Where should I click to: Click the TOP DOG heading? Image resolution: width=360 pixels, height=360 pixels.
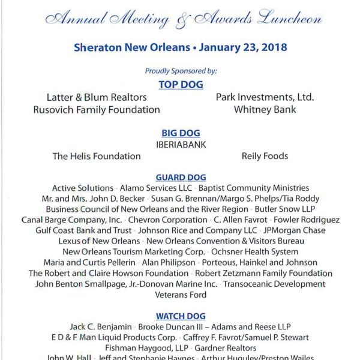181,84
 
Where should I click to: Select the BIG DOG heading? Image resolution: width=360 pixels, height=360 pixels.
181,133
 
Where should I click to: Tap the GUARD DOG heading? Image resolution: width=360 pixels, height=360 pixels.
181,178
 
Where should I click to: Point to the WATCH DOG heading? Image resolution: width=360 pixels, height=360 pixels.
181,316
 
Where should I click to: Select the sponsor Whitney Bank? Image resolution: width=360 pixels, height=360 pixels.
265,110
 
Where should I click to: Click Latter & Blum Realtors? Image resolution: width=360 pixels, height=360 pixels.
97,97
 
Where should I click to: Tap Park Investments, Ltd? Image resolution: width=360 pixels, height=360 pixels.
265,97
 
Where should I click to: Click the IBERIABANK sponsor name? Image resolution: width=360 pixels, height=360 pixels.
181,145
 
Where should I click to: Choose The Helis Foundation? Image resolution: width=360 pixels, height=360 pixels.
97,156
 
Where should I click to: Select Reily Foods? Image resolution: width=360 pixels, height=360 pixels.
265,156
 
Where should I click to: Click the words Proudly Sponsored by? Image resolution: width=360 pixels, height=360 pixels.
181,71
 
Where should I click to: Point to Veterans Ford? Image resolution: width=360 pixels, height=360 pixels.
181,295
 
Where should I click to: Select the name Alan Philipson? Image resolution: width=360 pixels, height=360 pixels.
169,263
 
